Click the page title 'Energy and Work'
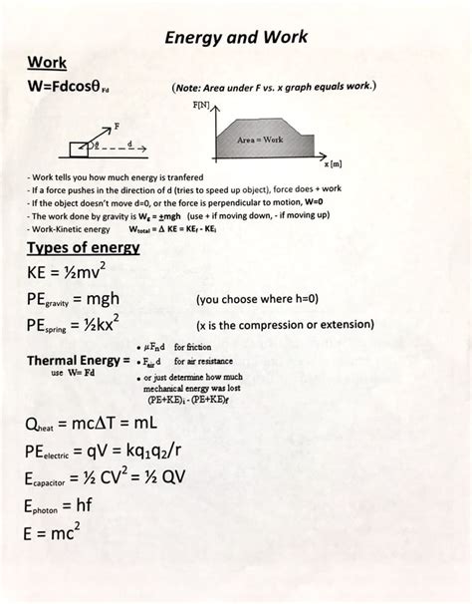(235, 38)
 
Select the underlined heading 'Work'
(48, 63)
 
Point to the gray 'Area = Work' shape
(261, 138)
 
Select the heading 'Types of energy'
(82, 248)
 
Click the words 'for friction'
(191, 346)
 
